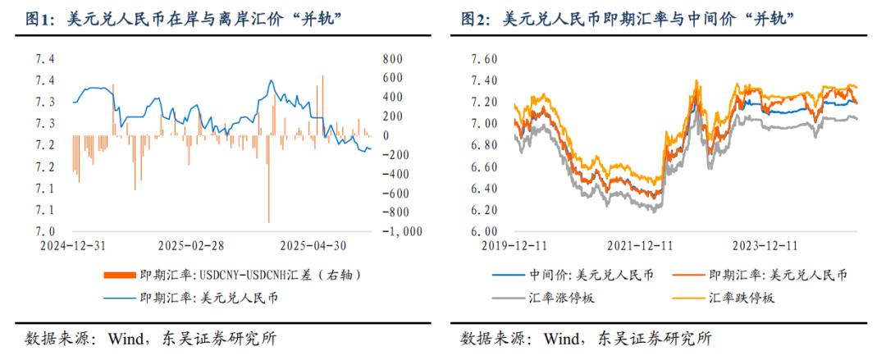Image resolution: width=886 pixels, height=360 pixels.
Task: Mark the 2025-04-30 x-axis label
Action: [313, 245]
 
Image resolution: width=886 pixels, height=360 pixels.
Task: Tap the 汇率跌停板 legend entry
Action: [742, 298]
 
